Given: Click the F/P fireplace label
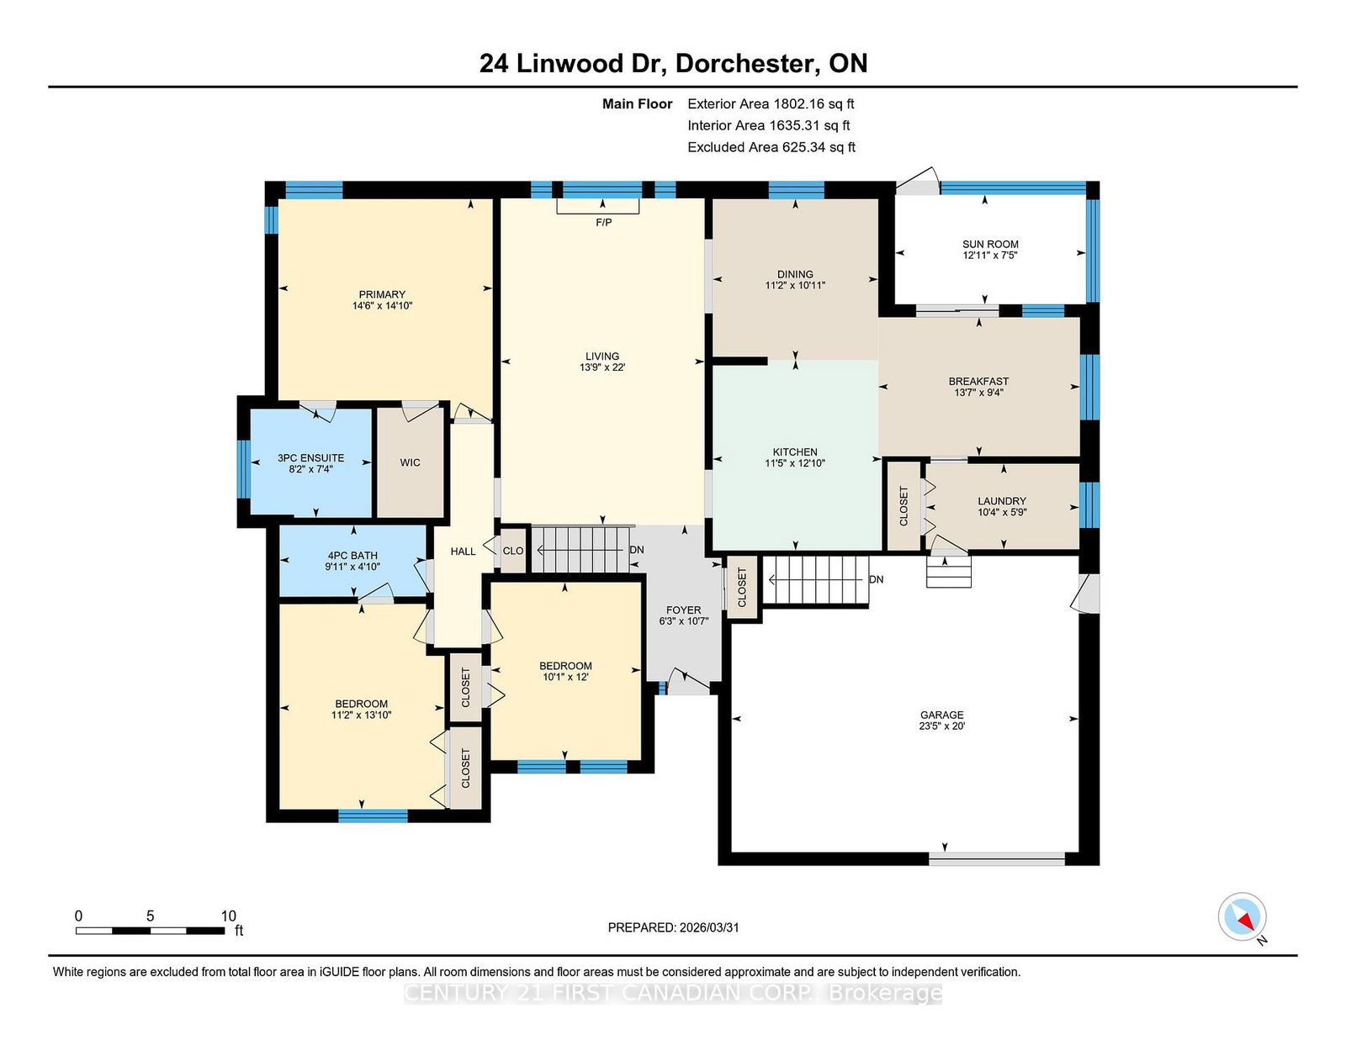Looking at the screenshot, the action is pos(603,222).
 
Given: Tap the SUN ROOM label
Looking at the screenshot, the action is pos(990,244).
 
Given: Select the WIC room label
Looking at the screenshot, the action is pos(410,462).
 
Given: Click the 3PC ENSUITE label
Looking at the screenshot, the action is pos(310,458).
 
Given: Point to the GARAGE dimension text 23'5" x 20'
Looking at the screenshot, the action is pos(941,726).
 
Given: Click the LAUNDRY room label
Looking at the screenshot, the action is pos(1002,501).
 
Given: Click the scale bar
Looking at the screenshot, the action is pos(150,931).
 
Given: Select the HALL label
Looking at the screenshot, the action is pos(463,552).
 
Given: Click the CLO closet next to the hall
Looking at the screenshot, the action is pos(513,551).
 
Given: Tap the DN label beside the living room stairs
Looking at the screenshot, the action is pos(637,550).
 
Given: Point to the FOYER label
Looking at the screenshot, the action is pos(683,610).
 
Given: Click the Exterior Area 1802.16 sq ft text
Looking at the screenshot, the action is pos(771,104).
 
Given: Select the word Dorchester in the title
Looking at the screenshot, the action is pos(744,64).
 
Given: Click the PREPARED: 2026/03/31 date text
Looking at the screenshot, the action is pos(673,927).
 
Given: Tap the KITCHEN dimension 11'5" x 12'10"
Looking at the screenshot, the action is pos(795,463).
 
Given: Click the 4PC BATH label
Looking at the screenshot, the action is pos(352,555).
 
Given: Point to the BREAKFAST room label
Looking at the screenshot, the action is pos(978,382).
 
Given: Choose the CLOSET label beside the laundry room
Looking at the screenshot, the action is pos(904,506).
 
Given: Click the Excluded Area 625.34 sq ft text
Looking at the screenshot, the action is pos(771,147).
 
